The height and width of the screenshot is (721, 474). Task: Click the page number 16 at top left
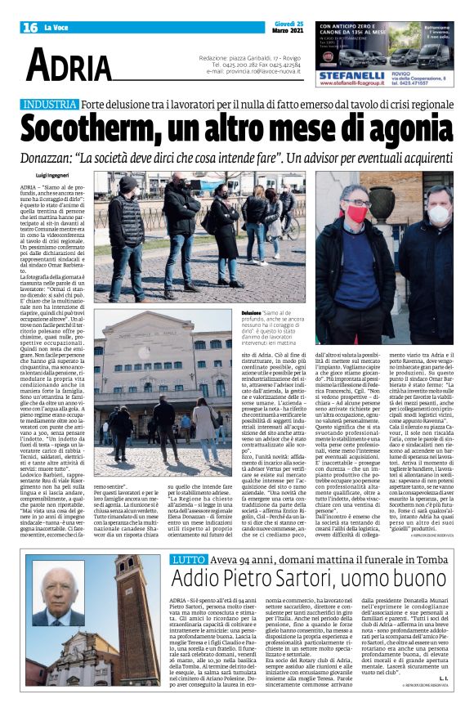tap(29, 28)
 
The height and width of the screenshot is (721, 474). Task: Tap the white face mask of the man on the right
tap(437, 215)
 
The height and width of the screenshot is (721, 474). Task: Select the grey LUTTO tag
tap(187, 513)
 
